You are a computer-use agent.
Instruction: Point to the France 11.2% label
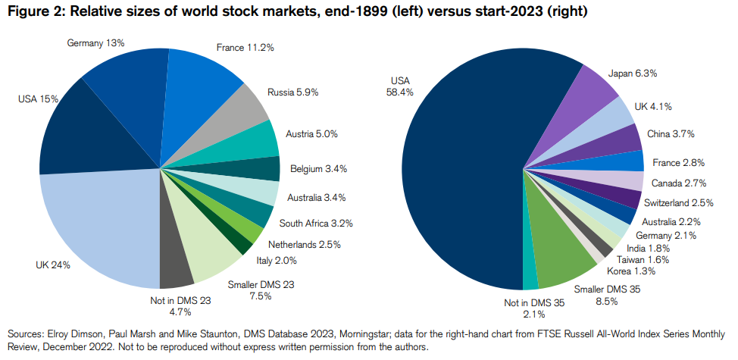(245, 47)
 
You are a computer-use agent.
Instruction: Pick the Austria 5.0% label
(311, 133)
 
